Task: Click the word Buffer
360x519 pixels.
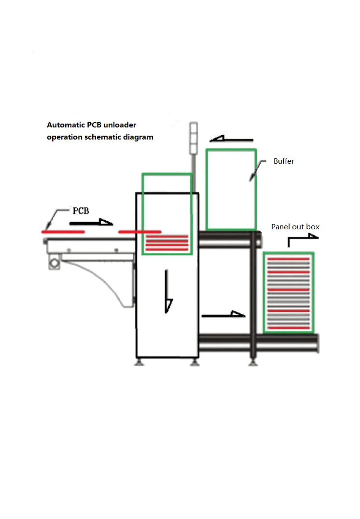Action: click(x=284, y=161)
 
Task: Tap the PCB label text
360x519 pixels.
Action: click(x=81, y=211)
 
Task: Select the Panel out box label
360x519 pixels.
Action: click(x=295, y=227)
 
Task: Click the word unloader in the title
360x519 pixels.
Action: click(x=119, y=125)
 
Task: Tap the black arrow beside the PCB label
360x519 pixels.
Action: click(x=91, y=223)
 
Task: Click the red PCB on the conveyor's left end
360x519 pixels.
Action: click(x=63, y=232)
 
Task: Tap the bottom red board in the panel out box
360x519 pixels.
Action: click(x=288, y=328)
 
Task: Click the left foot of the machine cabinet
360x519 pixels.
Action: click(x=139, y=362)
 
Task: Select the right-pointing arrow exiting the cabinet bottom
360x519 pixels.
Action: click(x=223, y=315)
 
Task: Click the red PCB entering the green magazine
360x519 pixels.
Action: click(x=139, y=232)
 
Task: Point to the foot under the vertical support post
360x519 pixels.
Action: click(x=252, y=362)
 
